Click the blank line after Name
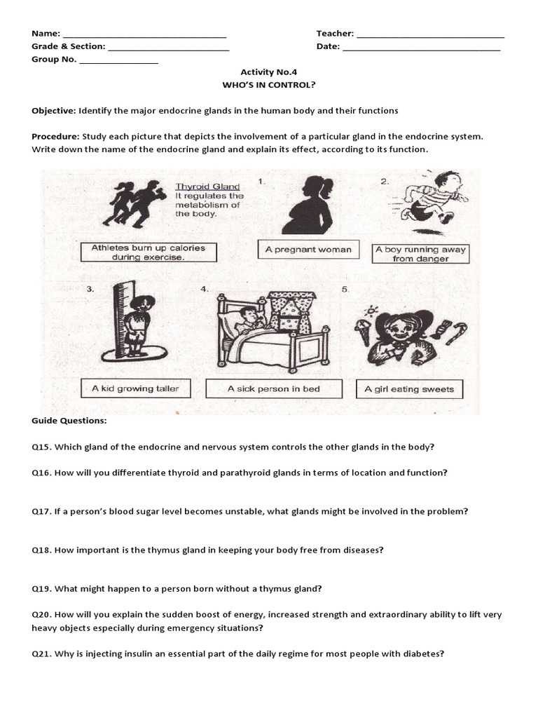[144, 34]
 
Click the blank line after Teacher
[430, 34]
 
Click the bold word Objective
[53, 111]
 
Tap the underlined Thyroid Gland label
[207, 187]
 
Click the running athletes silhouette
[133, 204]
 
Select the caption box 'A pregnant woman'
[308, 250]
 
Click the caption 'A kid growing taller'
[135, 388]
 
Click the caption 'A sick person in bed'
[273, 388]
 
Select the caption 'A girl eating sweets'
[409, 389]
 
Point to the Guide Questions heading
[69, 421]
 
